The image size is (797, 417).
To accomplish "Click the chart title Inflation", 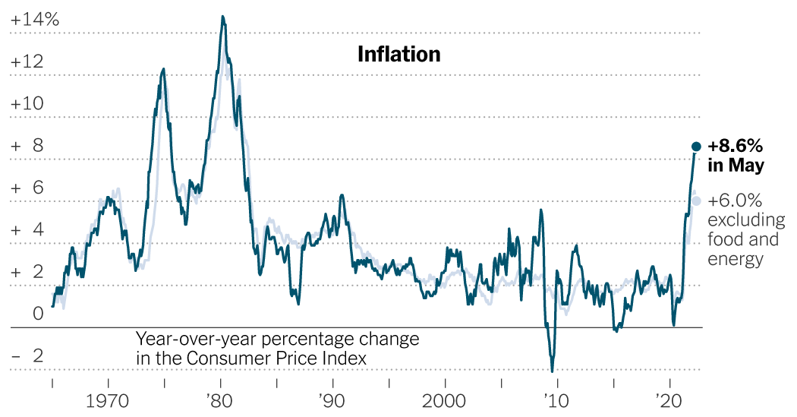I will pyautogui.click(x=398, y=55).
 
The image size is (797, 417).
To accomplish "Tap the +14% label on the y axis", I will pyautogui.click(x=35, y=20).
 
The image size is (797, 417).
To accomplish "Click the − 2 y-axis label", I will pyautogui.click(x=27, y=356).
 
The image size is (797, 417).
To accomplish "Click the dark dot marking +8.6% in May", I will pyautogui.click(x=695, y=147).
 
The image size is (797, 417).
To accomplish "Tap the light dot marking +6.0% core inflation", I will pyautogui.click(x=696, y=201).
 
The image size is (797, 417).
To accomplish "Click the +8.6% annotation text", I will pyautogui.click(x=735, y=146).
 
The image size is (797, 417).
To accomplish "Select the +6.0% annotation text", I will pyautogui.click(x=734, y=201).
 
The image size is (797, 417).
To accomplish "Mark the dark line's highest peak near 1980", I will pyautogui.click(x=222, y=16).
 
